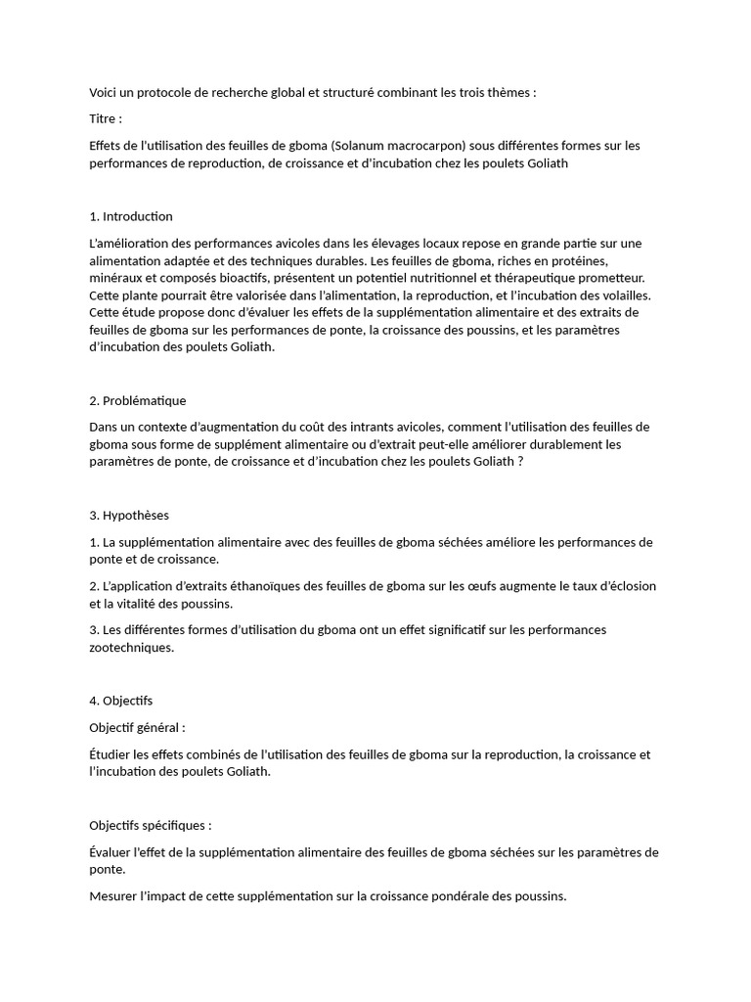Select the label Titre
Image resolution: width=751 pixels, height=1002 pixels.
(105, 119)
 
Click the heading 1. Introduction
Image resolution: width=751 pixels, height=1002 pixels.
(131, 216)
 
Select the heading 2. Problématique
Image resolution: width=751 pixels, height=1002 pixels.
(138, 400)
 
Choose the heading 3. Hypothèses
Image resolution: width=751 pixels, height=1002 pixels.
(129, 515)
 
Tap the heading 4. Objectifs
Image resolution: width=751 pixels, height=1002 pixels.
(121, 701)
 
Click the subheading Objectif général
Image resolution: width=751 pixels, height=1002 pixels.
(137, 728)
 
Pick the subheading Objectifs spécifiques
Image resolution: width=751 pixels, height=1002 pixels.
(150, 825)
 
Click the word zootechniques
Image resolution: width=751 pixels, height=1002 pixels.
(131, 648)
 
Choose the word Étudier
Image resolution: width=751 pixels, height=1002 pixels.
(110, 754)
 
